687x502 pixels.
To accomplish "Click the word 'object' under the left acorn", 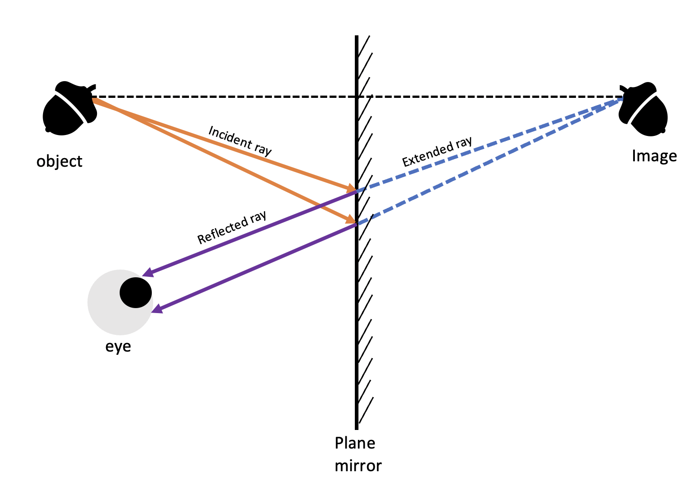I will tap(59, 161).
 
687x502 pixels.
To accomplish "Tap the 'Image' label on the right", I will tap(654, 156).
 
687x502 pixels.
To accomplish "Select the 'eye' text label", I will tap(118, 347).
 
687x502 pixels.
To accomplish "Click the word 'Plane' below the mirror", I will tap(355, 443).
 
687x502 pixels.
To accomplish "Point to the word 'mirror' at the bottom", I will tap(358, 466).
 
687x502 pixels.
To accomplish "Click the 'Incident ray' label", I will tap(240, 140).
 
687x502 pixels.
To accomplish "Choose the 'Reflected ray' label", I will tap(232, 228).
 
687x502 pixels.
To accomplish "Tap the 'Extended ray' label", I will tap(437, 152).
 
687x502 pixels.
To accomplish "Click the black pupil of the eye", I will tap(135, 292).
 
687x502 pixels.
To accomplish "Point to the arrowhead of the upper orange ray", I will tap(351, 188).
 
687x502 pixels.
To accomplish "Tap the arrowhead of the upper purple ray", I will tap(147, 273).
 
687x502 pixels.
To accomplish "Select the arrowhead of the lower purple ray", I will tap(157, 309).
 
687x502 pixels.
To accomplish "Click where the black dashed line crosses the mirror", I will tap(357, 97).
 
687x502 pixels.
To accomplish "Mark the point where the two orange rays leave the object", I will tap(93, 99).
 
